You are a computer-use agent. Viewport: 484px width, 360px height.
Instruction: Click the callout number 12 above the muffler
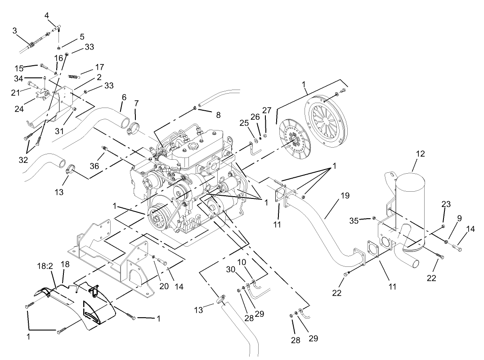point(420,154)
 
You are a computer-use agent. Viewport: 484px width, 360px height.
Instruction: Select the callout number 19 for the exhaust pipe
point(345,196)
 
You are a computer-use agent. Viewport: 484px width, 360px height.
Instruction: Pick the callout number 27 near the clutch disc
point(267,111)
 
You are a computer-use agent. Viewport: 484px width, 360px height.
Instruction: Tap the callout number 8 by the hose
point(218,115)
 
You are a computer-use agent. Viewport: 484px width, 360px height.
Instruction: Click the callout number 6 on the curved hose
point(124,97)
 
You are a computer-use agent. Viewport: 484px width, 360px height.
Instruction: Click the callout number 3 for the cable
point(14,31)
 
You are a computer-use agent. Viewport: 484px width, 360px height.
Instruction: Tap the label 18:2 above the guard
point(45,267)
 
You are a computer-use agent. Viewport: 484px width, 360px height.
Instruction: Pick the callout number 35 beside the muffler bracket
point(354,220)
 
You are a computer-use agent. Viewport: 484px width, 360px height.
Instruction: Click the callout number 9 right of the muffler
point(459,218)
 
